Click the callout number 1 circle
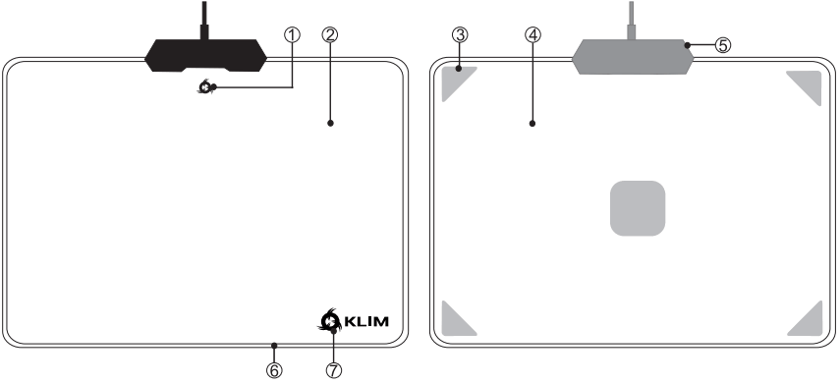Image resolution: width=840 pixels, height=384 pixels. coord(291,34)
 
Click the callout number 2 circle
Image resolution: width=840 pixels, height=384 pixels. coord(330,34)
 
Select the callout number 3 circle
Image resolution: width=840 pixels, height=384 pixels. coord(459,34)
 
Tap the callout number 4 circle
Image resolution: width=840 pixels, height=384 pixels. coord(532,34)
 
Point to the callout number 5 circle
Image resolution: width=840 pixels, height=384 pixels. coord(724,45)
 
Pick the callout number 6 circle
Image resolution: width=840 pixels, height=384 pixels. coord(275,369)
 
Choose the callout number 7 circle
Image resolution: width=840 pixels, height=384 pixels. coord(334,369)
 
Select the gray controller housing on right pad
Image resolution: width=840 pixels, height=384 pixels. coord(632,55)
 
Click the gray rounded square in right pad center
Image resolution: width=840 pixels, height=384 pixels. coord(639,208)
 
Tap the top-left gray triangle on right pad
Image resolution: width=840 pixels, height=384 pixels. coord(454,81)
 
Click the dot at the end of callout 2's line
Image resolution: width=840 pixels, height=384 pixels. coord(330,124)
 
